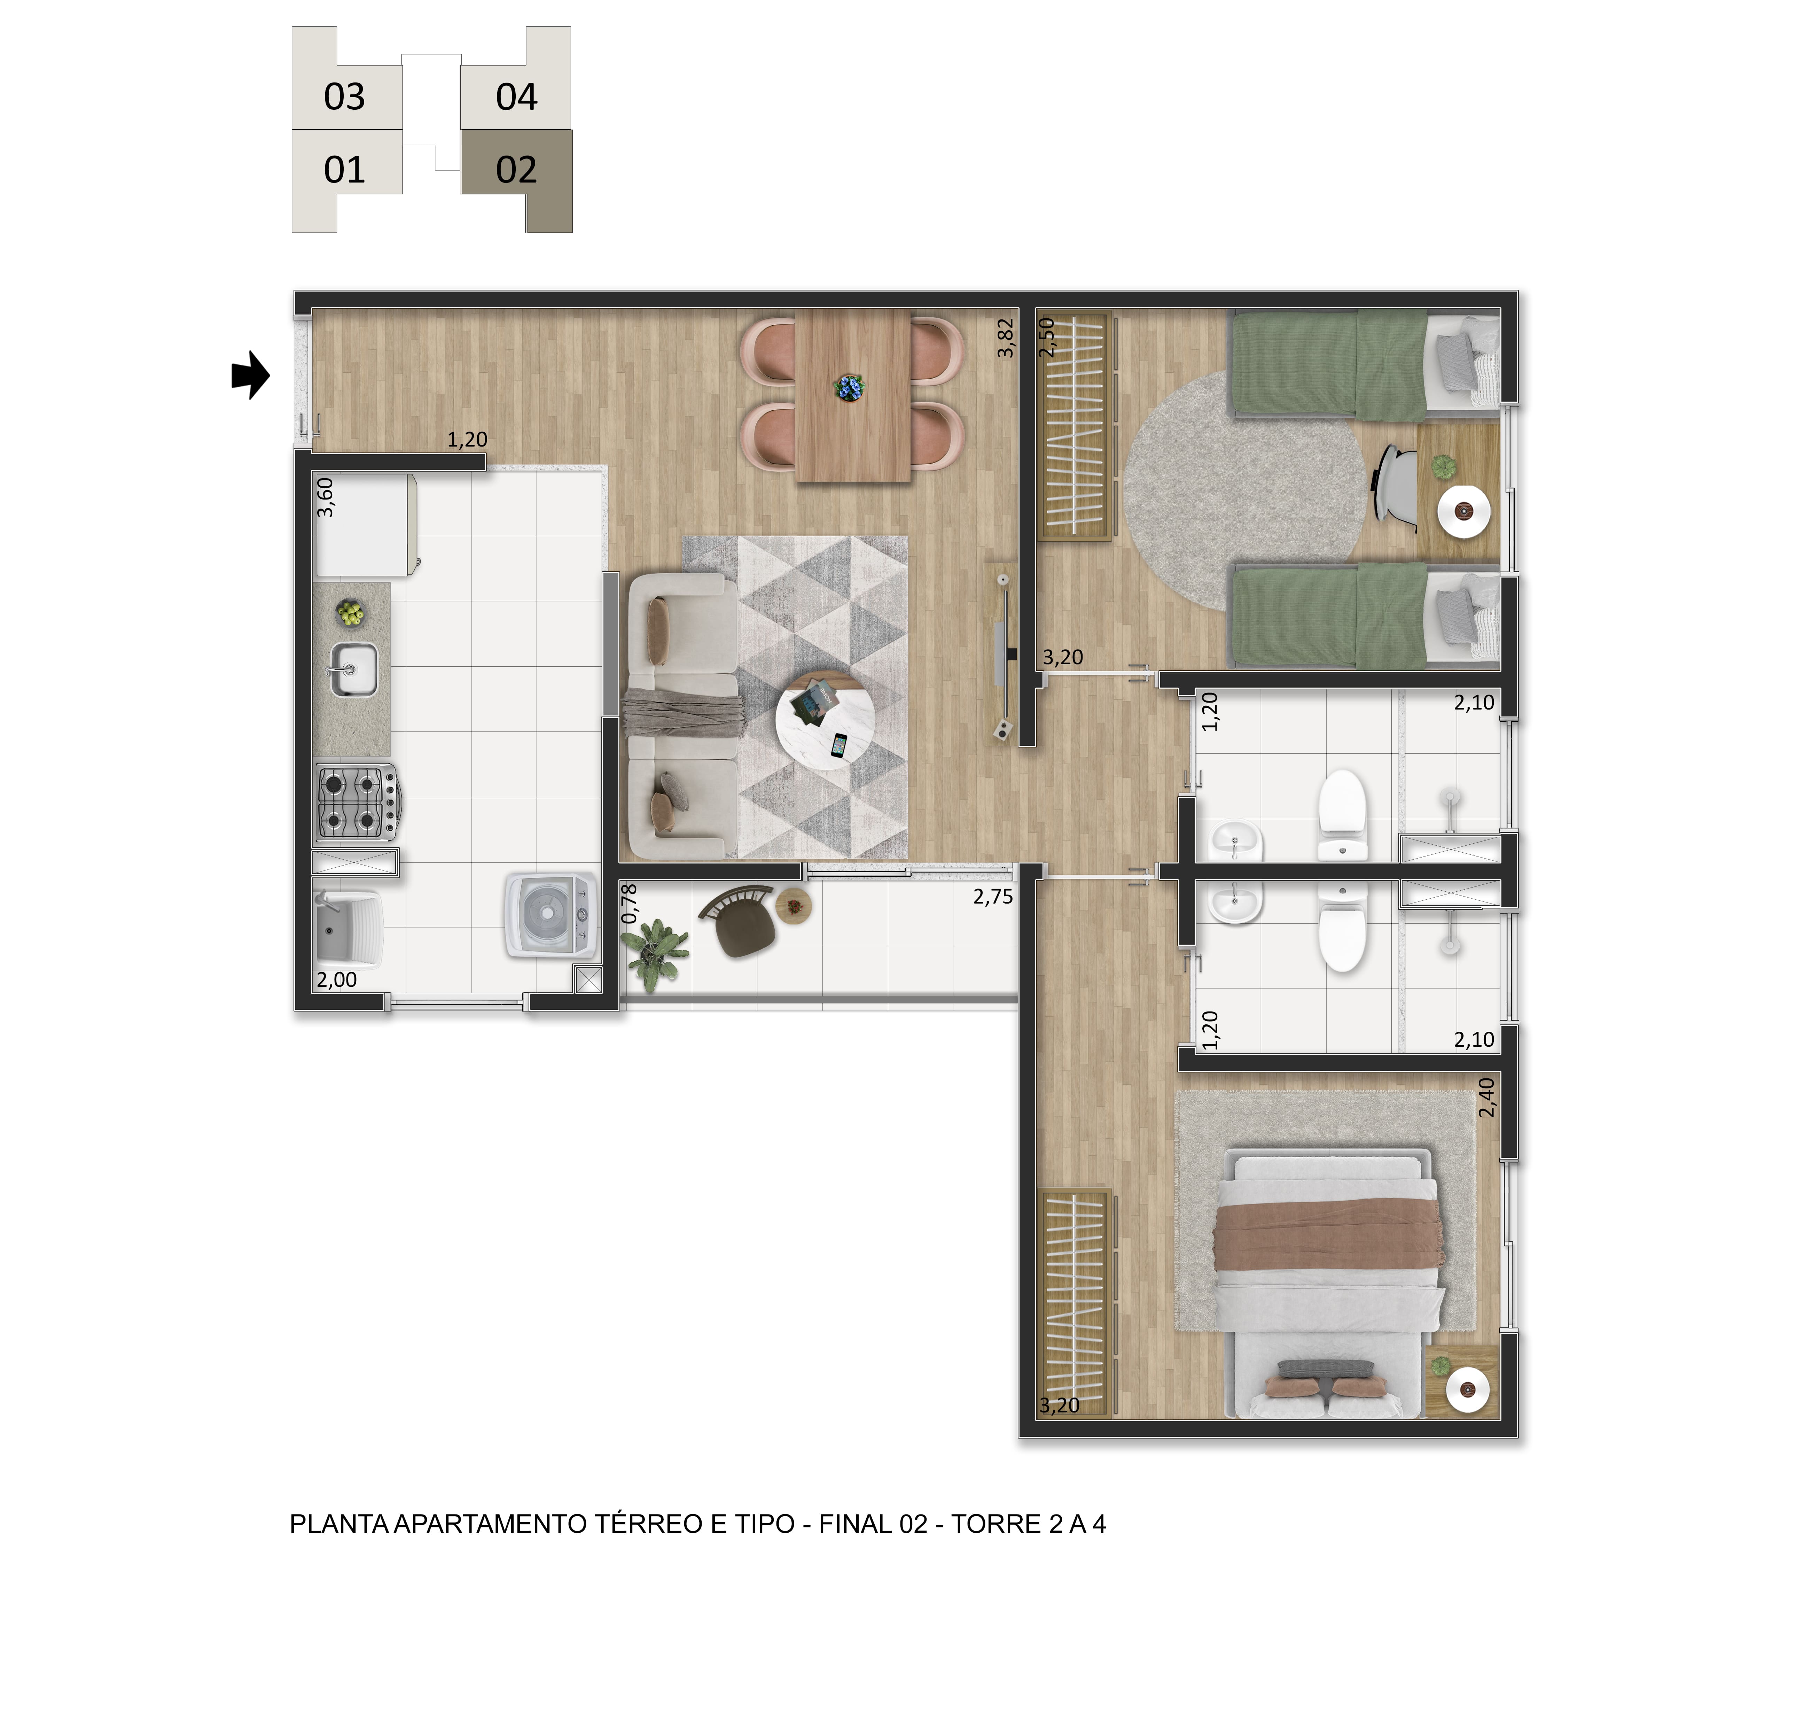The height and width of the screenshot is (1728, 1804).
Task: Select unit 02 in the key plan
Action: [x=516, y=170]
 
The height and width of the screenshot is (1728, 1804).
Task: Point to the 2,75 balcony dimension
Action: [x=993, y=897]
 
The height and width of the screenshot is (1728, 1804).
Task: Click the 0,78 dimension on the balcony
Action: [x=630, y=904]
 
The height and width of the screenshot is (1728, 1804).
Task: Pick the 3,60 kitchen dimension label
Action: [x=325, y=497]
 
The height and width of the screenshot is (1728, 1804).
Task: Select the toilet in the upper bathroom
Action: [x=1343, y=815]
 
